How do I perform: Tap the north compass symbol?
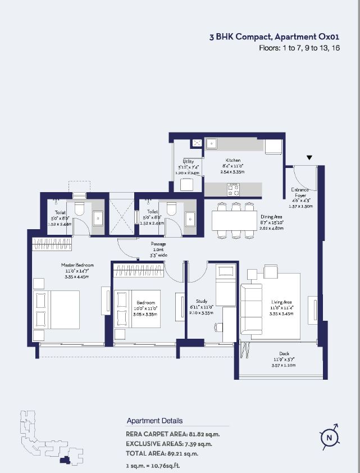[330, 437]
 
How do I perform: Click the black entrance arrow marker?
[308, 158]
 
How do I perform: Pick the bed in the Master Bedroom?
[56, 310]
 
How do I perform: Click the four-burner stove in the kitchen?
[234, 190]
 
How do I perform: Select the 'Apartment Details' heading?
[154, 421]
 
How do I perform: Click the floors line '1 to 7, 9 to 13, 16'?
[299, 48]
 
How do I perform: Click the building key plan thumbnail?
[51, 438]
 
